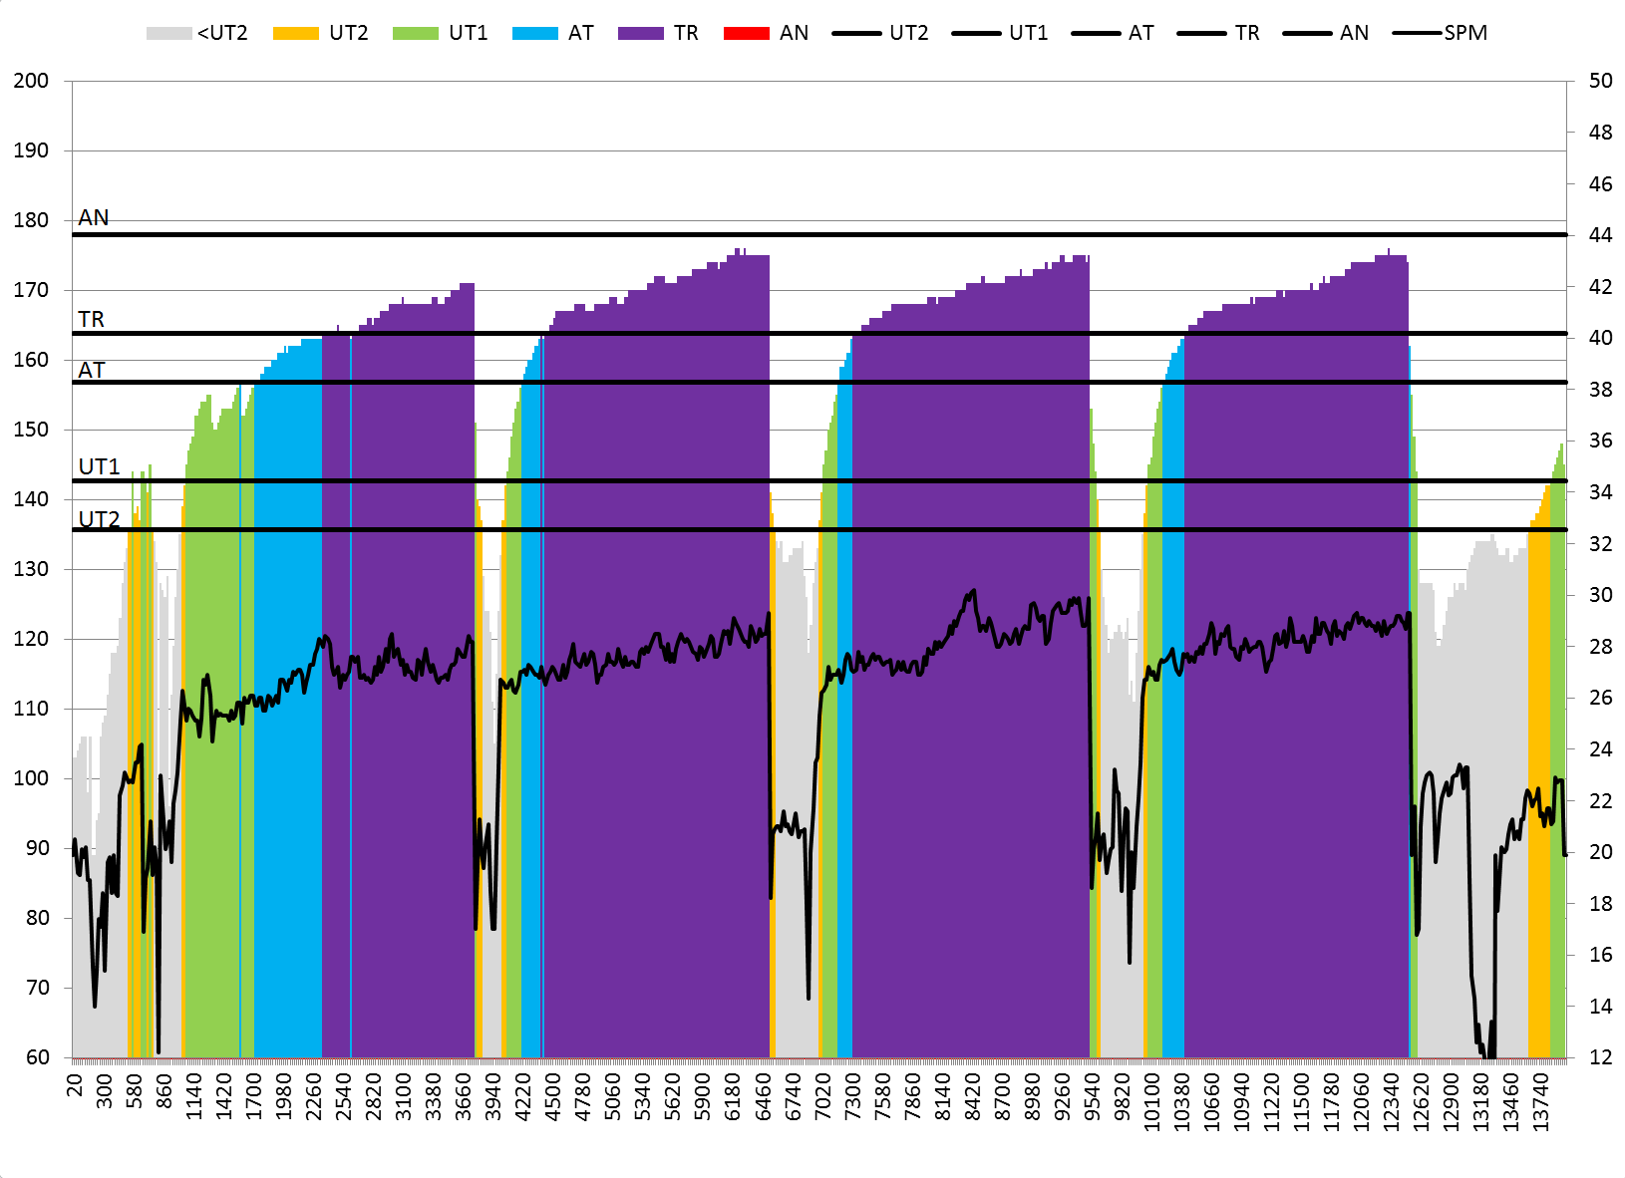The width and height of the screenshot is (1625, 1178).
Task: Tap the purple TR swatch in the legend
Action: (x=640, y=33)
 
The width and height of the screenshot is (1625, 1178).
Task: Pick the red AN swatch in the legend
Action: (x=746, y=33)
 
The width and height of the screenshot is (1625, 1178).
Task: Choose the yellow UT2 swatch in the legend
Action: (x=295, y=33)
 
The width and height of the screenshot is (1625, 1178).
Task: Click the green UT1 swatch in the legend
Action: (x=415, y=33)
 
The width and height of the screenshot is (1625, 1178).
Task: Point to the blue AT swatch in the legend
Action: (x=534, y=33)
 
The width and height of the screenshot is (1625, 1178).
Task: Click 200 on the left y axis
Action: (x=31, y=81)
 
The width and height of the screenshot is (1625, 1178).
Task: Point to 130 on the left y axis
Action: (x=31, y=569)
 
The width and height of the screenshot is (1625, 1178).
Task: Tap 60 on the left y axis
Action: (x=37, y=1057)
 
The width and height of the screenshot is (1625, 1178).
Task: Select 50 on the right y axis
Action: (x=1600, y=81)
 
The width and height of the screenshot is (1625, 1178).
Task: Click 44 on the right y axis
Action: (x=1600, y=235)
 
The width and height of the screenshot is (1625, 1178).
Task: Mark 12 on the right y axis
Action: (x=1600, y=1057)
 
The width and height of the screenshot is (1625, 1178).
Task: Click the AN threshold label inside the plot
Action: (x=94, y=217)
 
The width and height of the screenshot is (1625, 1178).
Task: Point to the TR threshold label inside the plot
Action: (x=91, y=319)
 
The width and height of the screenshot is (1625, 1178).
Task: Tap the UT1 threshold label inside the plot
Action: (x=99, y=466)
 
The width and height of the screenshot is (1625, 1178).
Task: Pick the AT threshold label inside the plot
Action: (x=91, y=370)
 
